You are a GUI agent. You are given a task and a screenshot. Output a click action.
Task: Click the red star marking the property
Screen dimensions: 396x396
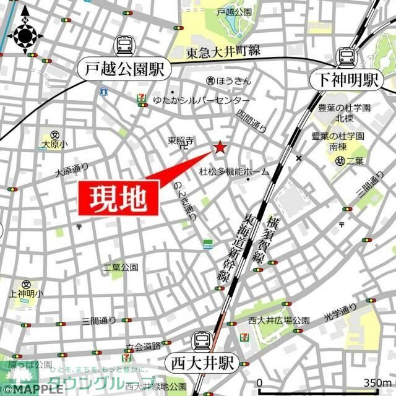pos(220,148)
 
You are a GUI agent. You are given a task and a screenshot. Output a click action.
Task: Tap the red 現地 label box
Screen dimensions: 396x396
pos(118,199)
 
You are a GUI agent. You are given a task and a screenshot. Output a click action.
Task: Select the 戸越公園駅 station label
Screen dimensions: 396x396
pos(124,70)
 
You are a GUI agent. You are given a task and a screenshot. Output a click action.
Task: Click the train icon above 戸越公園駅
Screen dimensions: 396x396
pos(124,45)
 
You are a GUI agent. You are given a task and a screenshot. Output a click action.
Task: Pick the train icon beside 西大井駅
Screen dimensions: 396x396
pos(202,340)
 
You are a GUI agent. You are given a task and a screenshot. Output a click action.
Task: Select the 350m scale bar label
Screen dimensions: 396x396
pos(379,382)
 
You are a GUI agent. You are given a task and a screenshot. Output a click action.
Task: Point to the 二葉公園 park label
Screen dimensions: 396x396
pos(121,267)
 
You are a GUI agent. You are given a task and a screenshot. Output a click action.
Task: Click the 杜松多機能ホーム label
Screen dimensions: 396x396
pos(234,171)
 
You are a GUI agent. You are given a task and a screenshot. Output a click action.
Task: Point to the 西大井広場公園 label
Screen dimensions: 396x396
pos(278,320)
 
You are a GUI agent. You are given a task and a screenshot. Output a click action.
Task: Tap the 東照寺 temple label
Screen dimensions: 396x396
pos(181,141)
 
